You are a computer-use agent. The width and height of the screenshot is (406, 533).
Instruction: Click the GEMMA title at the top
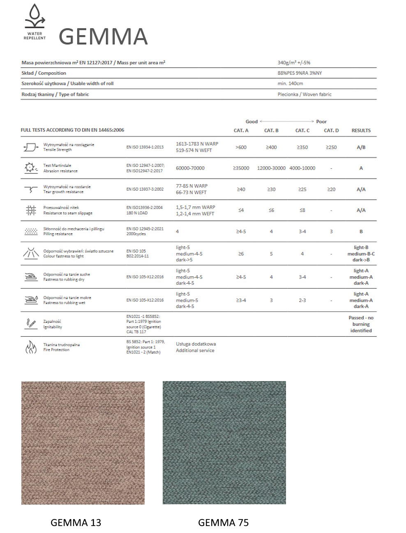(x=103, y=37)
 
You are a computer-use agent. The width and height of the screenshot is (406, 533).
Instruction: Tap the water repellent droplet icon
(x=35, y=16)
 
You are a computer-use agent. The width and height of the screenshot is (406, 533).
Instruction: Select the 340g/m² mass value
(x=294, y=63)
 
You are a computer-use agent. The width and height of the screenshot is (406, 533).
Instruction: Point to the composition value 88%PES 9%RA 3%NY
(x=300, y=73)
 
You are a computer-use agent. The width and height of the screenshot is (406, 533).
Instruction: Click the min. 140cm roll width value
(x=290, y=83)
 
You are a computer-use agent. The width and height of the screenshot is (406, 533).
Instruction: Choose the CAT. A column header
(x=241, y=131)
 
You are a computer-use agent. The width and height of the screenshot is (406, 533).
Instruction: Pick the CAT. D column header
(x=331, y=131)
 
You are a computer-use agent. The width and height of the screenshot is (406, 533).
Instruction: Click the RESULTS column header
(x=361, y=131)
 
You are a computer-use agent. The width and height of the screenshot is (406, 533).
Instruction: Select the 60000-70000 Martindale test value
(x=190, y=168)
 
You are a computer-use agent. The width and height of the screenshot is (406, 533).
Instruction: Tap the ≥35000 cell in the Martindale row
(x=241, y=168)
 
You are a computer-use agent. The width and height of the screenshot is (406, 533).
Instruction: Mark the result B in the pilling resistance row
(x=361, y=232)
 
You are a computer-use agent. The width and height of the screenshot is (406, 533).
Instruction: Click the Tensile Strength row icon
(x=31, y=147)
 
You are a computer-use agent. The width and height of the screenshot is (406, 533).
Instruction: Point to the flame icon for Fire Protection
(x=31, y=347)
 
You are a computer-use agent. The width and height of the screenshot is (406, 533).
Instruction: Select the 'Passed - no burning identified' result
(x=361, y=324)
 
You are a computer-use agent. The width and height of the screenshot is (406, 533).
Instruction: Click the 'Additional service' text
(x=195, y=351)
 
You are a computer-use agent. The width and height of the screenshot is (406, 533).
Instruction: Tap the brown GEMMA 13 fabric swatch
(x=83, y=443)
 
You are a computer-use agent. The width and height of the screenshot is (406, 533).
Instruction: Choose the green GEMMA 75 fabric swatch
(x=224, y=443)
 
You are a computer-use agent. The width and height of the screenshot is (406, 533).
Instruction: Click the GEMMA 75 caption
(x=223, y=522)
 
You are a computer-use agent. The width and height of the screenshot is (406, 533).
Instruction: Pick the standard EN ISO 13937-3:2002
(x=145, y=189)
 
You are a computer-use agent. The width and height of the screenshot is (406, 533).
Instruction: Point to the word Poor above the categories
(x=321, y=122)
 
